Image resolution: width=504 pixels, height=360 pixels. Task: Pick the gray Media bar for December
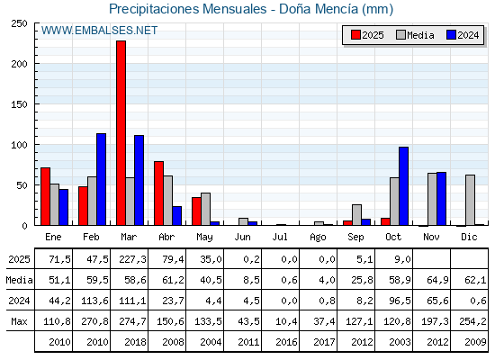470,200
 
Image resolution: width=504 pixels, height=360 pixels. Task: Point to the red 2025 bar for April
158,193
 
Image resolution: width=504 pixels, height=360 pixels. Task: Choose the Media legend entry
414,35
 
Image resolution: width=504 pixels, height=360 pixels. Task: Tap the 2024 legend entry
463,35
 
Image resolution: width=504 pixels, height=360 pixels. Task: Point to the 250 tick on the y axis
19,24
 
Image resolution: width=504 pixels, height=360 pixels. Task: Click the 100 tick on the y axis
19,145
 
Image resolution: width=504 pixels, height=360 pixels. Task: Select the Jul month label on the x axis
281,237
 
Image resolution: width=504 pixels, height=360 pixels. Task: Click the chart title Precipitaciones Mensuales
250,10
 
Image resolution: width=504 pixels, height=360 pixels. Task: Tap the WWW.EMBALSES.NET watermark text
99,31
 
